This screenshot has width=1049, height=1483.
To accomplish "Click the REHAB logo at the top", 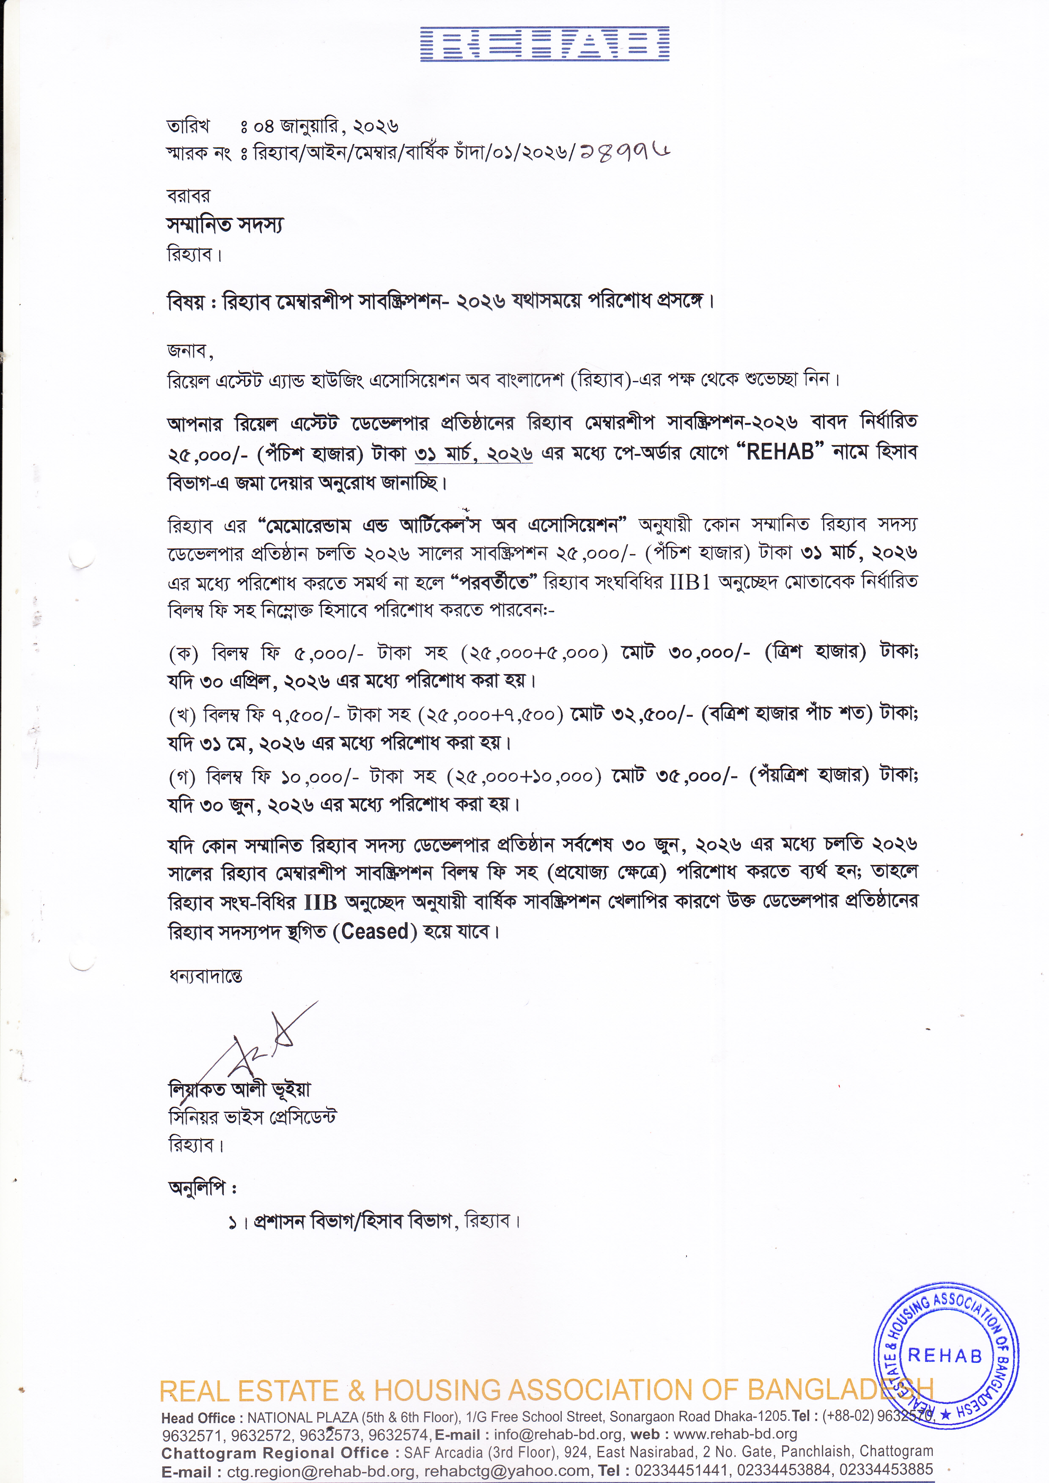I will coord(544,44).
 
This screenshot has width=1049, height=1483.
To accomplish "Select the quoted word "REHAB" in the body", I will coord(780,452).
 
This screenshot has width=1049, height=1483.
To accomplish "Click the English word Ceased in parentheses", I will coord(375,932).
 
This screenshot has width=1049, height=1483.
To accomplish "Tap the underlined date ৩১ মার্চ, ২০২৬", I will coord(473,453).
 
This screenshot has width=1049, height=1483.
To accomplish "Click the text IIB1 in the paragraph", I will coord(690,582).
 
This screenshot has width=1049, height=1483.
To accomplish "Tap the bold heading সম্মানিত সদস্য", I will coord(225,225).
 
